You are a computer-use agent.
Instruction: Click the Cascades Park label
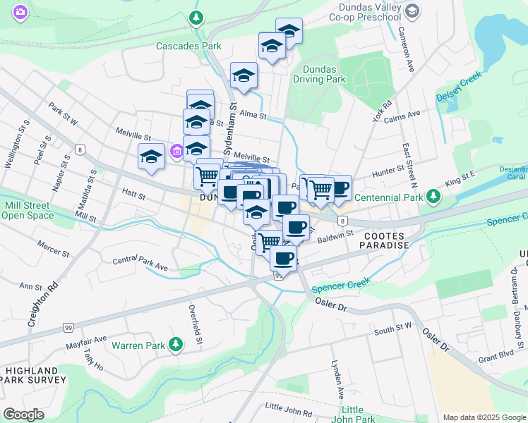[x=188, y=46]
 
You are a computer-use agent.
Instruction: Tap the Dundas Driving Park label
[x=324, y=74]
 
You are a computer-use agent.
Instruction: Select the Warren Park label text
[x=138, y=345]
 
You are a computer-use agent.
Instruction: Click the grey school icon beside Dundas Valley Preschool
[x=414, y=11]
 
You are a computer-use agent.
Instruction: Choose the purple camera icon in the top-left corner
[x=20, y=11]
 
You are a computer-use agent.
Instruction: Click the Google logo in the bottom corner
[x=23, y=414]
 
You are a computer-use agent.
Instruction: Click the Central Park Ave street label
[x=140, y=264]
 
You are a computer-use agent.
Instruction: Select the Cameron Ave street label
[x=408, y=49]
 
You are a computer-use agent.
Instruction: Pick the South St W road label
[x=392, y=327]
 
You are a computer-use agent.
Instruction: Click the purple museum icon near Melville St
[x=176, y=150]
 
